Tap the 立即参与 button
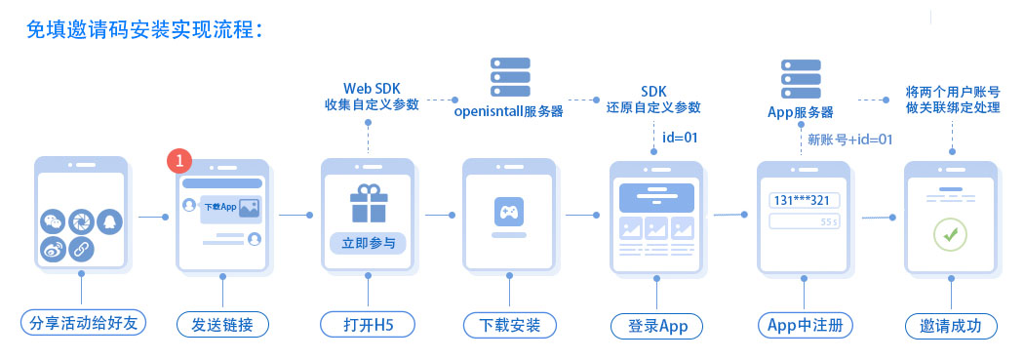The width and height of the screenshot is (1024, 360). tap(368, 243)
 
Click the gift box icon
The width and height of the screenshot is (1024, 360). tap(368, 203)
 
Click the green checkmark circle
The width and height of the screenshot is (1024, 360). tap(949, 233)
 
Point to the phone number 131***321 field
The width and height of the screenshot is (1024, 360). tap(805, 200)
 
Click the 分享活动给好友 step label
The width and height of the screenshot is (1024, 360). tap(82, 324)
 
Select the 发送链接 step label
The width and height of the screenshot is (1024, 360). tap(221, 324)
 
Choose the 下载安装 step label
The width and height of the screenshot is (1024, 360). tap(508, 324)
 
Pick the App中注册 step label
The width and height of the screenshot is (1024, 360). tap(805, 324)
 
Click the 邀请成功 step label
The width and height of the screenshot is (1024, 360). tap(950, 324)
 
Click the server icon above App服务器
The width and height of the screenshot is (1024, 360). tap(800, 77)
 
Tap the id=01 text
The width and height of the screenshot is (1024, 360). tap(680, 137)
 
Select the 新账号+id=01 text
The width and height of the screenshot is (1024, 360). tap(850, 140)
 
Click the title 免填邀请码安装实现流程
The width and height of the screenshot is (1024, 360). tap(146, 29)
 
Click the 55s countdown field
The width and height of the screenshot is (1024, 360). tap(805, 222)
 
